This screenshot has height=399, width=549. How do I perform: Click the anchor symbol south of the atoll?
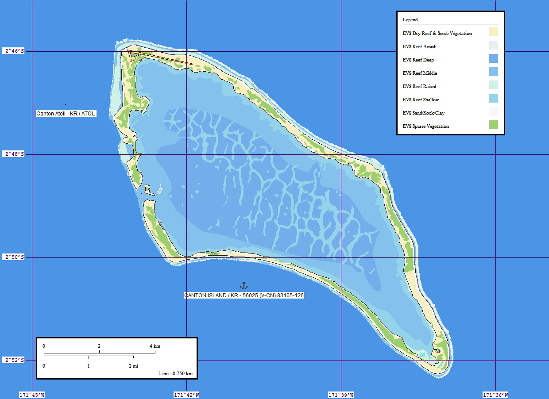tap(244, 286)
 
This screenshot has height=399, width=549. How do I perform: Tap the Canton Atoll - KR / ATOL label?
tap(66, 114)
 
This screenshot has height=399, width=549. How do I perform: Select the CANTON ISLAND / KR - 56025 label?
tap(244, 295)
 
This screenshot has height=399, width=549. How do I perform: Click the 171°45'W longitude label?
tap(32, 395)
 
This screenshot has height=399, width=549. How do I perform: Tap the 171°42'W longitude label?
tap(186, 395)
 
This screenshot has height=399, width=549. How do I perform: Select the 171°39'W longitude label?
tap(341, 395)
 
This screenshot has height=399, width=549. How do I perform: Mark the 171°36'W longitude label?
tap(495, 395)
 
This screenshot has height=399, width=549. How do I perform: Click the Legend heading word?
tap(410, 19)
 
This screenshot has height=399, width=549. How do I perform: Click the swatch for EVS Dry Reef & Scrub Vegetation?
tap(494, 32)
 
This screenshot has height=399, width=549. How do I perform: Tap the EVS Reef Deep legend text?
tap(418, 60)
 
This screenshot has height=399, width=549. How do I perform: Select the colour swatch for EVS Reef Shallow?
tap(494, 99)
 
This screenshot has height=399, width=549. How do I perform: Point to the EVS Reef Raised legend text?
tap(419, 86)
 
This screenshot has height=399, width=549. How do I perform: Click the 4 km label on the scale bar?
tap(155, 346)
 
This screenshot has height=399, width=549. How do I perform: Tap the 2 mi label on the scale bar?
tap(133, 366)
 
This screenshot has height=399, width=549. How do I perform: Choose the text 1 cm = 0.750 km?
tap(175, 373)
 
